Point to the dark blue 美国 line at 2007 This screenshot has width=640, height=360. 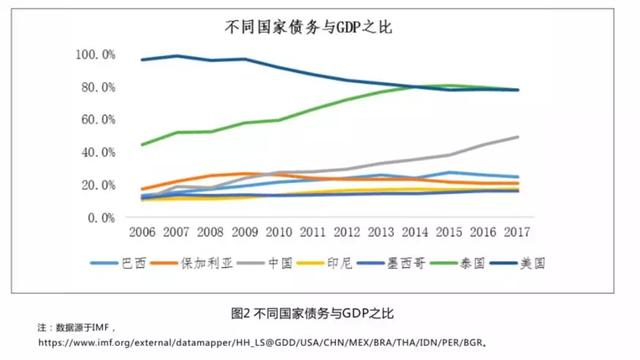coord(178,56)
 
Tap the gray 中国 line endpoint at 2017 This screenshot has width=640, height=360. coord(517,137)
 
